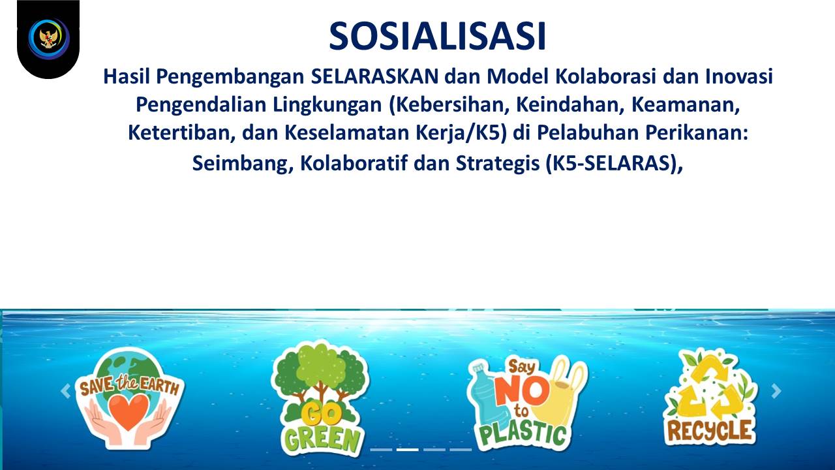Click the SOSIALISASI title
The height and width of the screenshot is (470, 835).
pos(437,36)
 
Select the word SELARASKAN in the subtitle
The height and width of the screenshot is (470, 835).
pos(374,76)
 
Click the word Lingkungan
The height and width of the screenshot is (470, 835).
pos(327,105)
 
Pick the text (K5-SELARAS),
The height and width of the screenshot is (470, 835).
pos(614,163)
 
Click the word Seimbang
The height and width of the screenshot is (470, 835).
pos(243,163)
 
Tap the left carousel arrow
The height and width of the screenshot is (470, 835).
pos(66,391)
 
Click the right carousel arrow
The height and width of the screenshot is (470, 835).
pos(776,391)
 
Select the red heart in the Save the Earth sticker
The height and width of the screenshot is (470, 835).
pos(129,411)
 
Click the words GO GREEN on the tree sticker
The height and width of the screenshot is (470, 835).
pos(322,429)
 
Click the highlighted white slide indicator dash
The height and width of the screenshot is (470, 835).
pos(408,450)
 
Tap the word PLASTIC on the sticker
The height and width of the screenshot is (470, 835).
pos(523,435)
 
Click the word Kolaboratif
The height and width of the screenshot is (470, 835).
pos(354,163)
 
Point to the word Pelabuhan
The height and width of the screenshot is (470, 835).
pos(588,133)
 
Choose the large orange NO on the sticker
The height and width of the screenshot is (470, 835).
pos(522,390)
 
